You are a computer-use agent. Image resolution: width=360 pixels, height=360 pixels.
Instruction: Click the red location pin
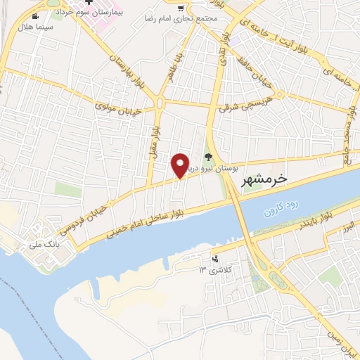click(181, 165)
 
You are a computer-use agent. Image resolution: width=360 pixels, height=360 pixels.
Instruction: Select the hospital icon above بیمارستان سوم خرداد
click(91, 3)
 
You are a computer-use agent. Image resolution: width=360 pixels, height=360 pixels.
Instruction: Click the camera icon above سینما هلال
click(35, 15)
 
